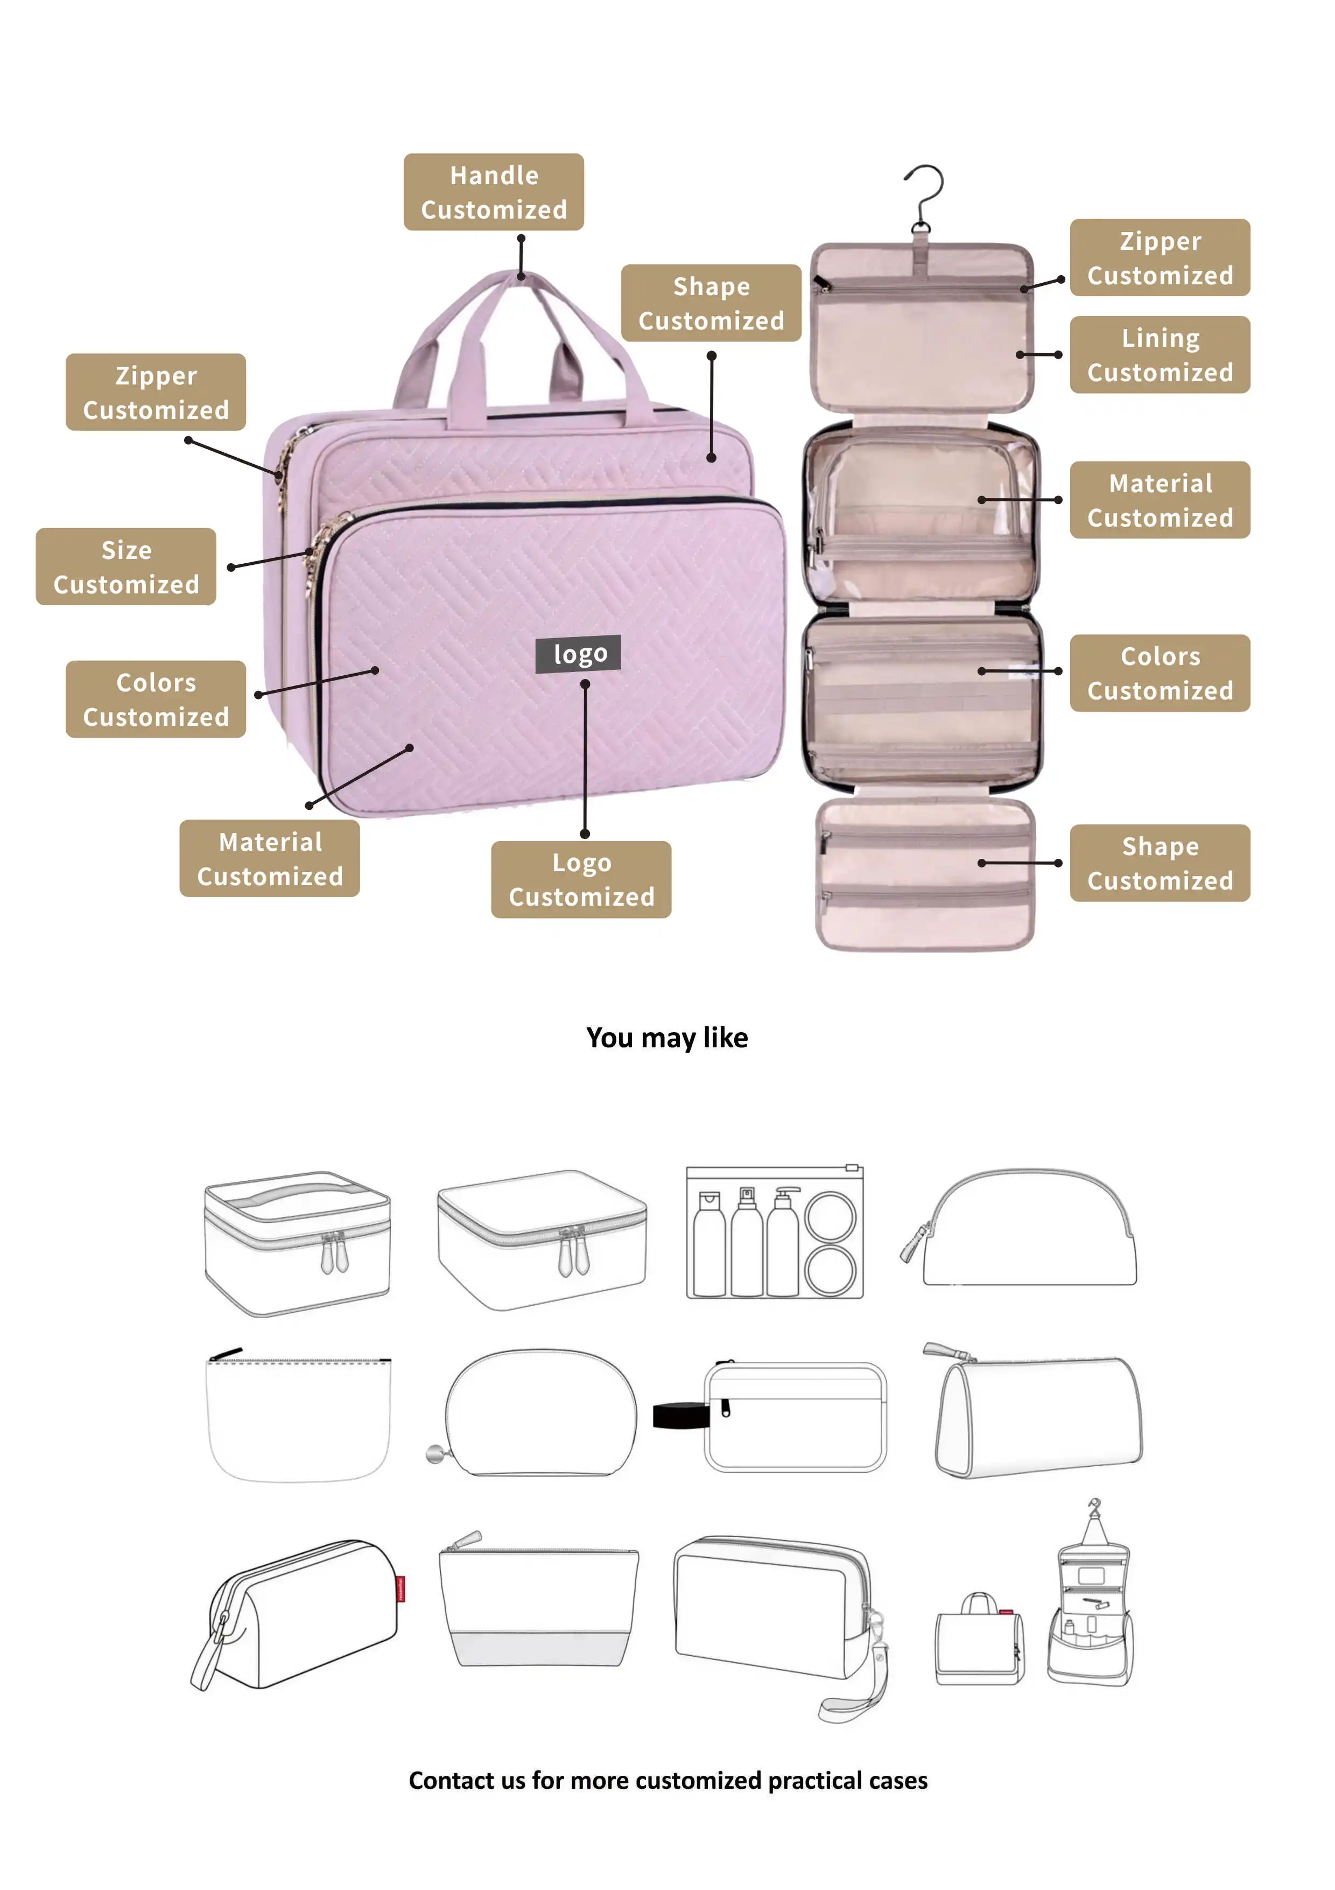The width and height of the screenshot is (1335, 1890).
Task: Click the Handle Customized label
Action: [x=493, y=192]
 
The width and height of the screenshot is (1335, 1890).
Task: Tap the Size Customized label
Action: [x=126, y=566]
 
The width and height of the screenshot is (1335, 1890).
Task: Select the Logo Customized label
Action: [x=581, y=879]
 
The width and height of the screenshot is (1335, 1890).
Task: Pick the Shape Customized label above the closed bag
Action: [x=711, y=303]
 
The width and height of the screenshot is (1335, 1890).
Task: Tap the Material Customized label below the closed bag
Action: [x=270, y=858]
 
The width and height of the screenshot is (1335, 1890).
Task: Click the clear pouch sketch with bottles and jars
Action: [x=775, y=1233]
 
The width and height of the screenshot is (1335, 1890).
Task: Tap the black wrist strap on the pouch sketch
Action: [x=680, y=1416]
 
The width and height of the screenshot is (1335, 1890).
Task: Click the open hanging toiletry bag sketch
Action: [x=1091, y=1597]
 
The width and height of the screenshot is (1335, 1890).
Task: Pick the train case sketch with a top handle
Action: [x=297, y=1243]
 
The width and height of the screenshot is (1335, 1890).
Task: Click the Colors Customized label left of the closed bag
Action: [x=156, y=699]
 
